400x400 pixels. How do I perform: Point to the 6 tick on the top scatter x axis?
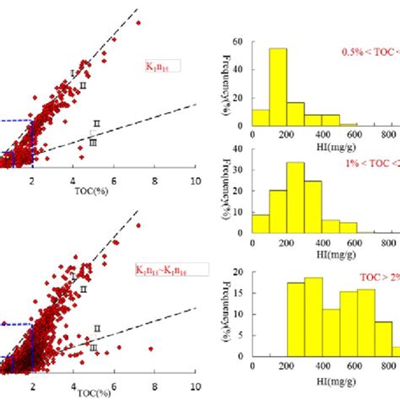[114, 180]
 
